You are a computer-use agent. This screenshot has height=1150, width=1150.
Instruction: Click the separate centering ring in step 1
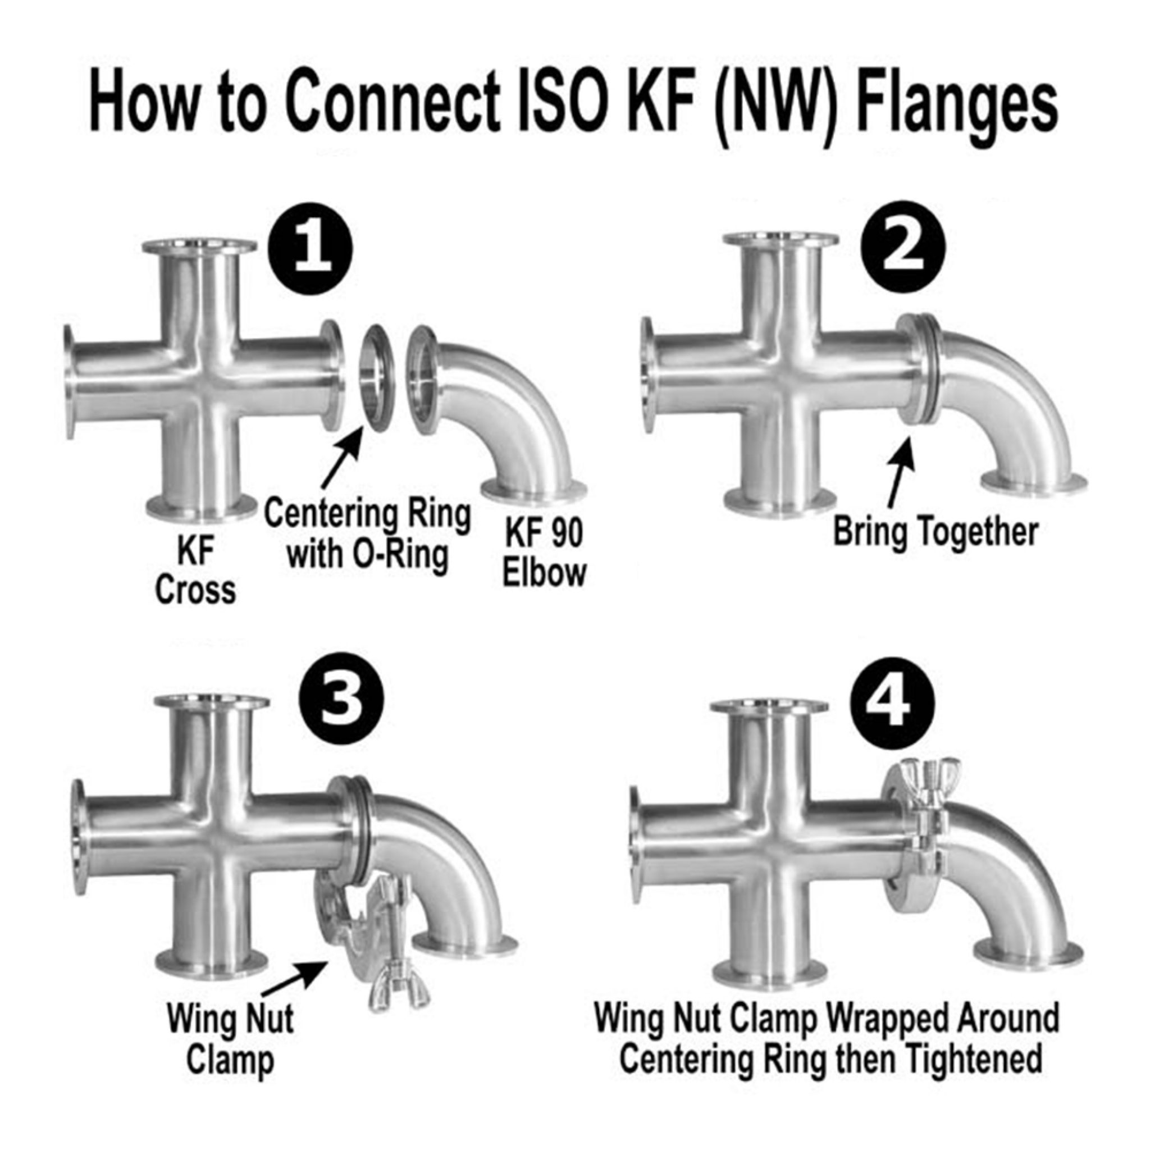tap(376, 376)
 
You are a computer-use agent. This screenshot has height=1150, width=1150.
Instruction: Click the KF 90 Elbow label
tap(544, 553)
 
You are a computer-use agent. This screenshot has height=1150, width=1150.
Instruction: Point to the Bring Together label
tap(935, 532)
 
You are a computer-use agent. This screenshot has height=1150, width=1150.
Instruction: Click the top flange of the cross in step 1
tap(199, 246)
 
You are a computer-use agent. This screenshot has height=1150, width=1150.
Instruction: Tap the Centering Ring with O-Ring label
tap(367, 535)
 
